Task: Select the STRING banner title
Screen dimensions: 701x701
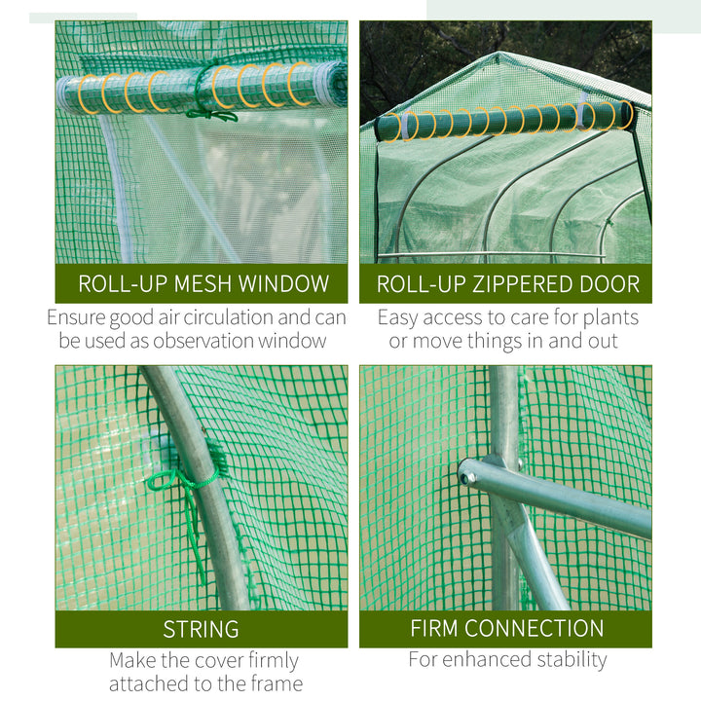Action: (x=201, y=629)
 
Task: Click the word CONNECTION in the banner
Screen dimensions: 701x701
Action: (x=535, y=628)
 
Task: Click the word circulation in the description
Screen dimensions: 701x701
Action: (x=228, y=317)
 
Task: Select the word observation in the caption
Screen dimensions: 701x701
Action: (x=203, y=341)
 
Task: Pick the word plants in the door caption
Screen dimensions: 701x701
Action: (x=610, y=318)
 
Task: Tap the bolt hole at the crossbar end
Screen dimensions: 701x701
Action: (x=468, y=478)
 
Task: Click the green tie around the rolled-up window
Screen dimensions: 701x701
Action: (x=206, y=92)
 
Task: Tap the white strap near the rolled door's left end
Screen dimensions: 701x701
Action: (x=408, y=126)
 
